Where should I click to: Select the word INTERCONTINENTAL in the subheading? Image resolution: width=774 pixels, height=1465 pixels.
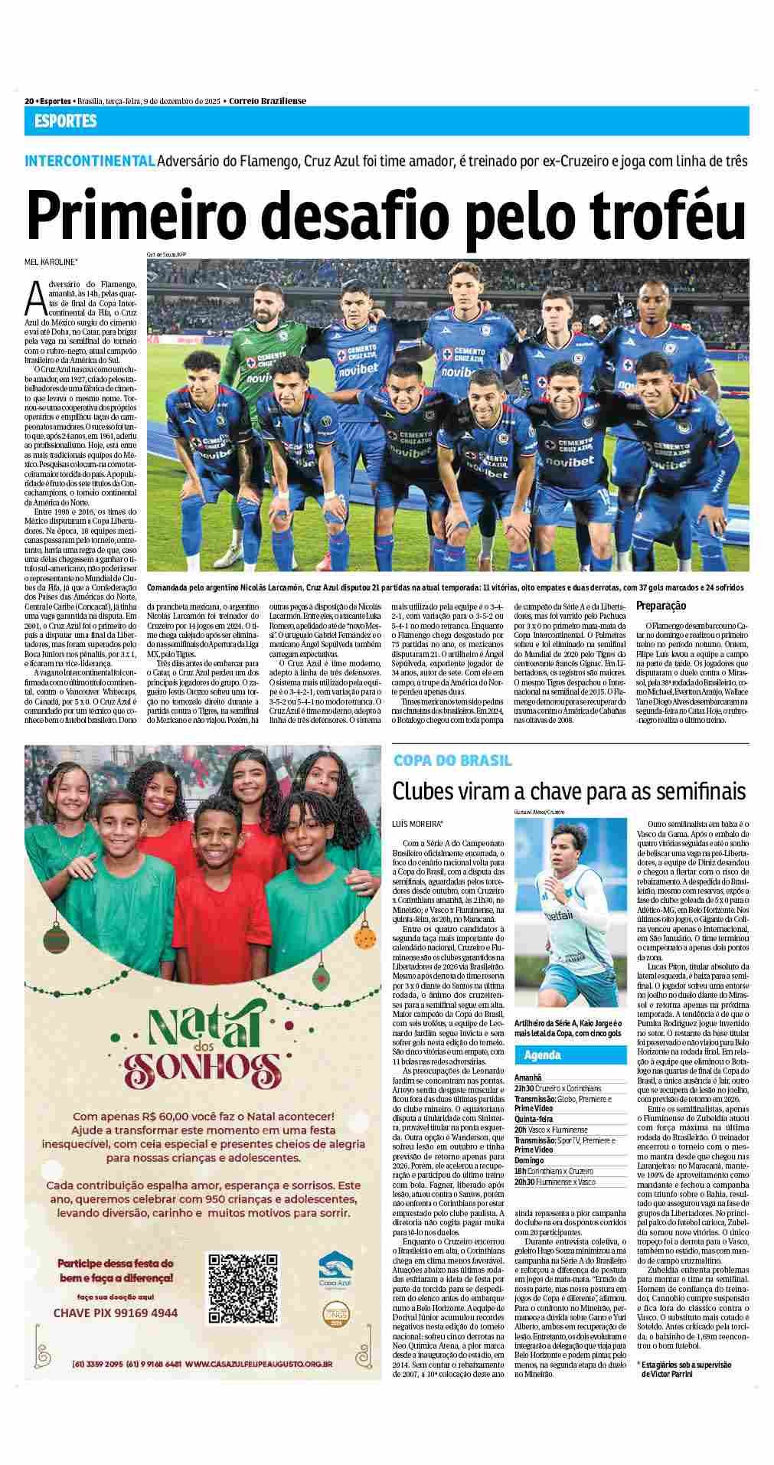tap(90, 162)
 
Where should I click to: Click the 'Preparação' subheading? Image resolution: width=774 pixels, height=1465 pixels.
tap(661, 606)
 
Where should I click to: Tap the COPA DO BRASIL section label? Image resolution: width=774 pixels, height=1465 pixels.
tap(452, 760)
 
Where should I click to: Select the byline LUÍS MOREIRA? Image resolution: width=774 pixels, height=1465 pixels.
tap(417, 824)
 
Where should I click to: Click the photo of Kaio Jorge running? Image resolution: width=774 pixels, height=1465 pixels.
tap(570, 915)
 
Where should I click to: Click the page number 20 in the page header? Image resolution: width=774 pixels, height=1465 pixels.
tap(29, 101)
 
